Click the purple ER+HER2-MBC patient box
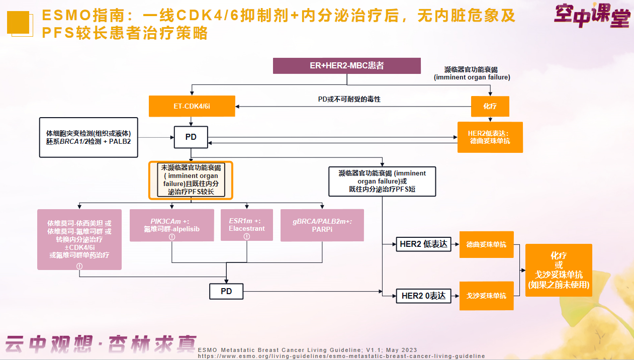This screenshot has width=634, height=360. [347, 66]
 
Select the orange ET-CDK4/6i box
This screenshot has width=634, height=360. [192, 106]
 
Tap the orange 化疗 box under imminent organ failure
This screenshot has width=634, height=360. [490, 107]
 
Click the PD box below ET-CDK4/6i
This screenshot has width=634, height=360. [191, 137]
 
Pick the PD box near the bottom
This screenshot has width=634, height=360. [226, 292]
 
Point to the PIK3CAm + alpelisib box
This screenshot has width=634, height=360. [172, 225]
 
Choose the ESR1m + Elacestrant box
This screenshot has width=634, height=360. [247, 225]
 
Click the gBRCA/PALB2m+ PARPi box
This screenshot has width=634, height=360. [322, 225]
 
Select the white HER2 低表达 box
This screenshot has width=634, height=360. [423, 244]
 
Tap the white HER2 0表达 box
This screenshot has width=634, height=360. [423, 296]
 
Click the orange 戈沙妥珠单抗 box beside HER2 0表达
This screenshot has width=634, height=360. [486, 296]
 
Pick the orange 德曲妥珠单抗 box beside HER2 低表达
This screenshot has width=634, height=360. [486, 244]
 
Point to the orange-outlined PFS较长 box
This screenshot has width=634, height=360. [191, 180]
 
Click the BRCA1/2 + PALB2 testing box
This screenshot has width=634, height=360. [88, 137]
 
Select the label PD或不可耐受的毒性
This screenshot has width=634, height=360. [349, 100]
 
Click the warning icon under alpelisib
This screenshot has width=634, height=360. [172, 237]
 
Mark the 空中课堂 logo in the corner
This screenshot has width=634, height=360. [592, 16]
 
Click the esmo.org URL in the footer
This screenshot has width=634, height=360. [341, 356]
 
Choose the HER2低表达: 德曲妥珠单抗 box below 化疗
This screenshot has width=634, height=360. [490, 137]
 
